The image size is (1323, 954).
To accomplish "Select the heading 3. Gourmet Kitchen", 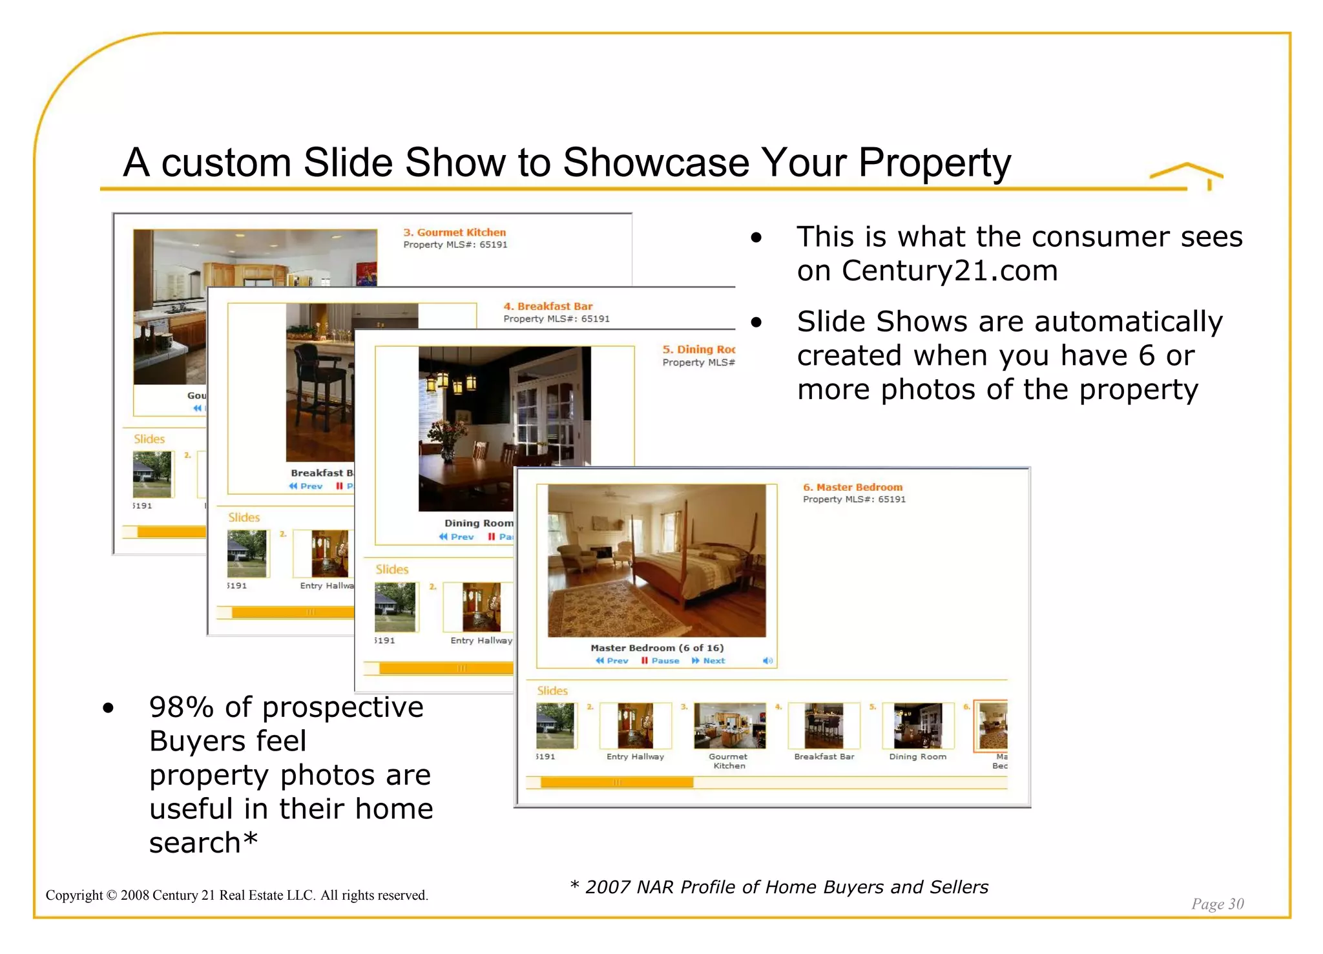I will click(454, 233).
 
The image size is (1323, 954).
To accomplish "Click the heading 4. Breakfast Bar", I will click(548, 306).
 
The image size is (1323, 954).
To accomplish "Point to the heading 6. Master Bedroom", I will click(852, 487).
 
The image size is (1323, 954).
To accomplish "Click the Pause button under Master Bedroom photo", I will click(660, 661).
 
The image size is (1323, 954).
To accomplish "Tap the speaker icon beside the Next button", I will click(767, 661).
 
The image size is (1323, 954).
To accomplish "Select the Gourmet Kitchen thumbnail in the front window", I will click(729, 725).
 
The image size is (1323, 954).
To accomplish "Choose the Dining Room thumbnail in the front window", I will click(917, 725).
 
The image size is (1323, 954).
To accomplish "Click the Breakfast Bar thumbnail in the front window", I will click(824, 725).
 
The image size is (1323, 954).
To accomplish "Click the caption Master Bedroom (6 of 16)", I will click(656, 648).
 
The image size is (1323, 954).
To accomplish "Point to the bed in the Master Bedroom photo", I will click(691, 568).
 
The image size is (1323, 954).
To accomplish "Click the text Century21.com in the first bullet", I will click(950, 271).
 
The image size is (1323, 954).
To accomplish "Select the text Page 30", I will click(1217, 904).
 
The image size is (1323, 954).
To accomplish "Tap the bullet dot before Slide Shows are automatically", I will click(756, 322).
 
